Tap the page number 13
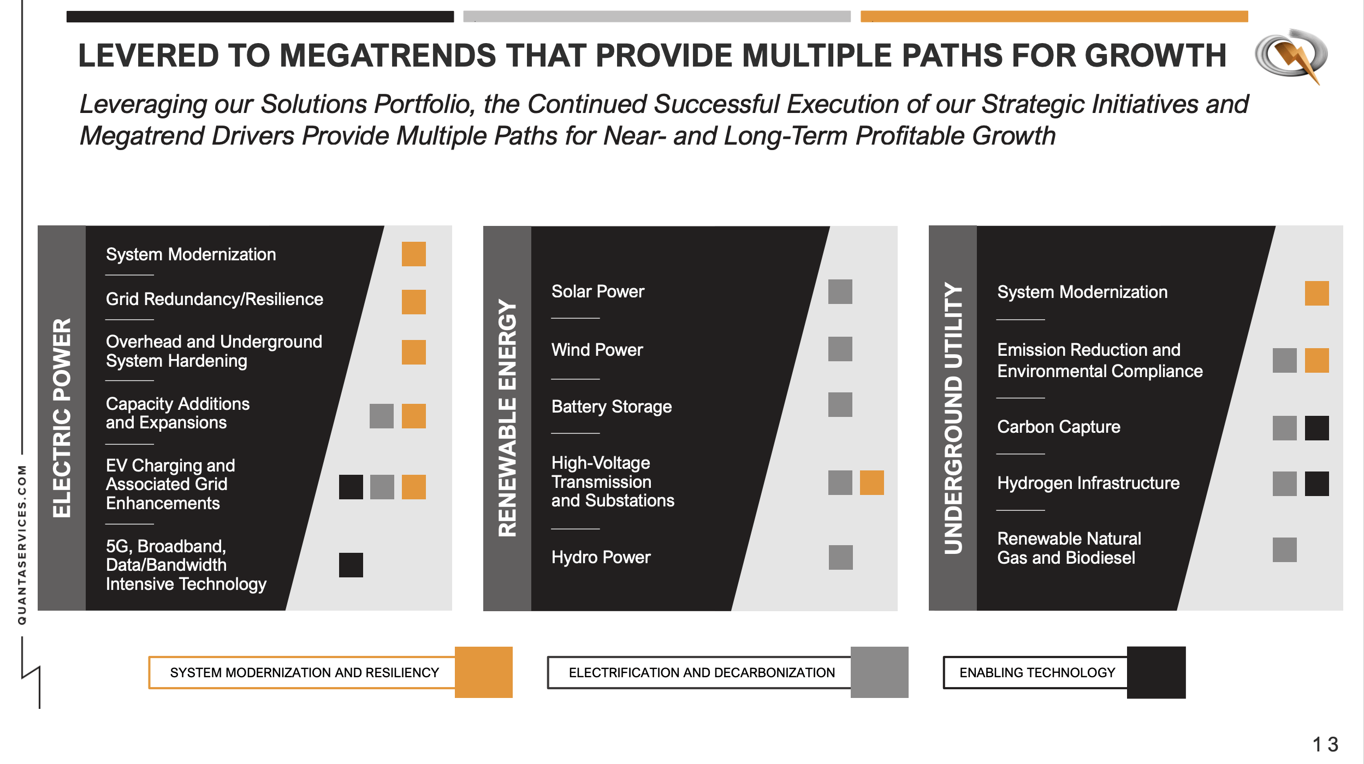(x=1325, y=744)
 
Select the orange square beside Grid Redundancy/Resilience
(x=413, y=302)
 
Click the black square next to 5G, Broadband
(x=351, y=565)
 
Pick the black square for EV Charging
(x=351, y=487)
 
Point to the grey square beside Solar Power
(x=840, y=291)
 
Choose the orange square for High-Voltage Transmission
(x=871, y=482)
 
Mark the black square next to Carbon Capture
(x=1316, y=428)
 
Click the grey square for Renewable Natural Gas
(x=1284, y=550)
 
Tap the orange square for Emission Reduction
(x=1316, y=360)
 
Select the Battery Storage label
(x=611, y=407)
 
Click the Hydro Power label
(x=601, y=557)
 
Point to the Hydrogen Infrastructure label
(x=1088, y=483)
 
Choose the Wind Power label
(x=597, y=350)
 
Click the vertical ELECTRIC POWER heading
(x=62, y=417)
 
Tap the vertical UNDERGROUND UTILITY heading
(x=953, y=417)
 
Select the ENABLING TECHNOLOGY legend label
(x=1037, y=672)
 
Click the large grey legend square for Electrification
(x=879, y=672)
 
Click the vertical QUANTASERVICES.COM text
(x=22, y=544)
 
